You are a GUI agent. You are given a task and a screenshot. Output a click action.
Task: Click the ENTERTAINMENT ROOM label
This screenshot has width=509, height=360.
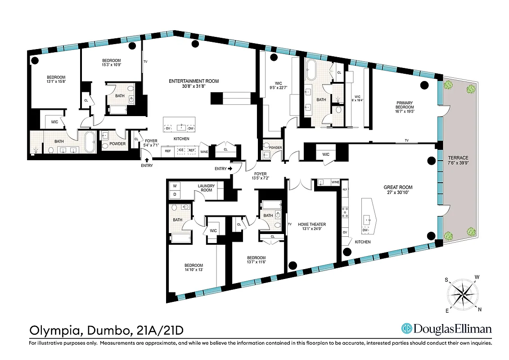[x=194, y=81]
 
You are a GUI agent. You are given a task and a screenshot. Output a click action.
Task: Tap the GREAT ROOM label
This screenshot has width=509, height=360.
[x=398, y=187]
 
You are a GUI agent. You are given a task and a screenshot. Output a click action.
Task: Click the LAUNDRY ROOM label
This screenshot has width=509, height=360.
[x=207, y=188]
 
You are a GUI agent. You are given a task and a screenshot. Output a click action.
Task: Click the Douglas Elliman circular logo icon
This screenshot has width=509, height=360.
[x=408, y=329]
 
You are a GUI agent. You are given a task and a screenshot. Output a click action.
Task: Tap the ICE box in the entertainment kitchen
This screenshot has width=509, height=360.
[x=181, y=150]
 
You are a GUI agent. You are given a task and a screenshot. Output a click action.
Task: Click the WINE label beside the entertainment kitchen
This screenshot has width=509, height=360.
[x=204, y=151]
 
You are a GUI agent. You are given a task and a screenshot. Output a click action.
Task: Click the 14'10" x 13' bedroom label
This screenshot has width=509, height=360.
[x=194, y=268]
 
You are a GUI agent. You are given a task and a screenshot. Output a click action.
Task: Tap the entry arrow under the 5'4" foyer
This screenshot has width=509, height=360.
[x=147, y=160]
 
